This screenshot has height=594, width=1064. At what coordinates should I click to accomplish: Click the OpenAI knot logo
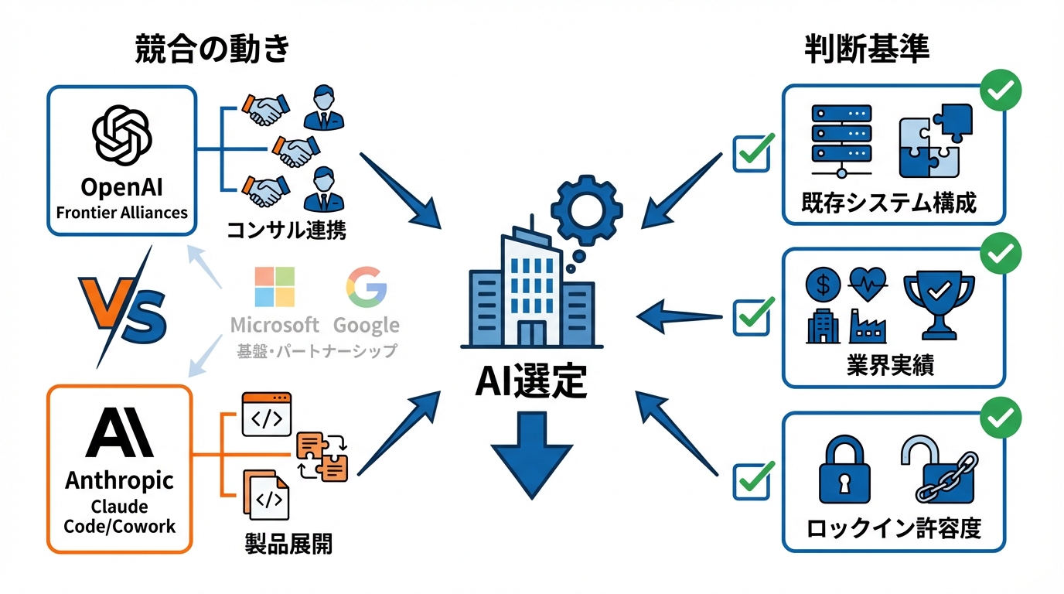(121, 136)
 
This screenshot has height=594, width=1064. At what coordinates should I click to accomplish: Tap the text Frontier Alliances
(121, 212)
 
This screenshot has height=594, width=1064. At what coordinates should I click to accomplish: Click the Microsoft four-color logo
(274, 288)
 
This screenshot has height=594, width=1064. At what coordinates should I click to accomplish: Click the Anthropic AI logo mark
(119, 433)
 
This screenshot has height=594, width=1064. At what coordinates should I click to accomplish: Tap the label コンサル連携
(286, 230)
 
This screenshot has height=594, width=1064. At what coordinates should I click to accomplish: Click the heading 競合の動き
(212, 49)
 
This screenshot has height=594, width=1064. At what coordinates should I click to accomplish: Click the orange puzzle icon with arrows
(322, 456)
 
